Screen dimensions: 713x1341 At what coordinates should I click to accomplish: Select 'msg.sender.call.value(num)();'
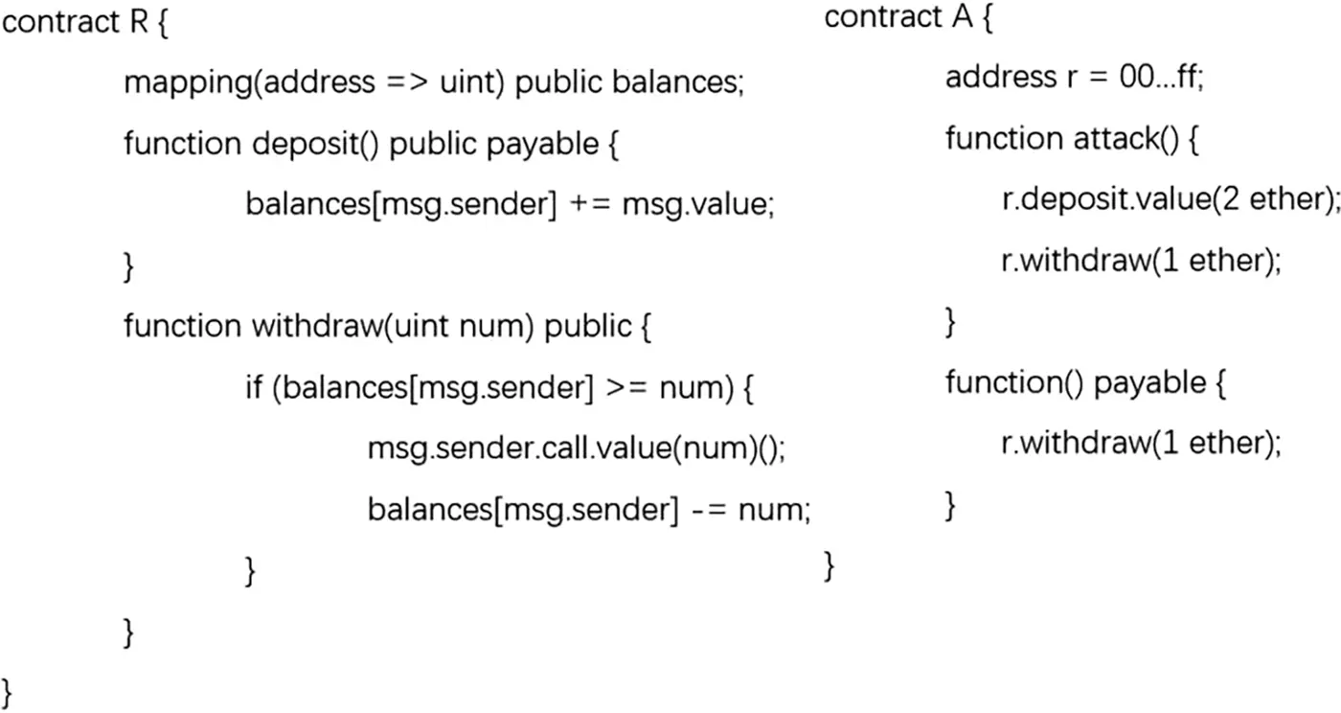pos(576,448)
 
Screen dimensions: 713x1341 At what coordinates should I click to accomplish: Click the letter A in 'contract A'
pos(961,17)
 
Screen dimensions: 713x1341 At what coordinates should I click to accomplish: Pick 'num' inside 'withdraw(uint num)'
pos(495,328)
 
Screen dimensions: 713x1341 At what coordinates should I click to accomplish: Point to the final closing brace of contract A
pos(830,566)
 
